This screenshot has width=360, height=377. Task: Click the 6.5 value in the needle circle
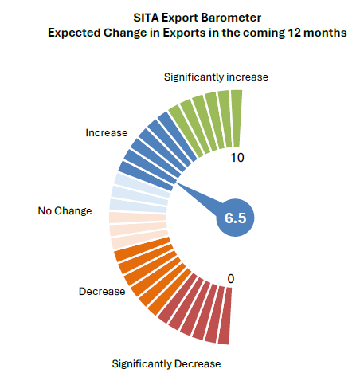tap(236, 218)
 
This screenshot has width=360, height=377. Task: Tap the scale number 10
tap(237, 158)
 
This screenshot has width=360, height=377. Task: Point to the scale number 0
tap(231, 279)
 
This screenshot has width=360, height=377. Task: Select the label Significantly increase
tap(216, 77)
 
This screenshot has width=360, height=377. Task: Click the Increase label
tap(107, 132)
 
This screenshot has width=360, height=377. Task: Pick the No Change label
tap(65, 210)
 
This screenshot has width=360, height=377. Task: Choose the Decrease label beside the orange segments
tap(102, 292)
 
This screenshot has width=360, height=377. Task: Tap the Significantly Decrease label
tap(166, 364)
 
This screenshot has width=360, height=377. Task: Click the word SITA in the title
tap(146, 18)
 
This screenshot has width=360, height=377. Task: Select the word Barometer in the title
tap(231, 18)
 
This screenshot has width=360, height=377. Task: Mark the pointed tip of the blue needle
tap(176, 183)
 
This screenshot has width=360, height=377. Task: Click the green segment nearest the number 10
tap(237, 119)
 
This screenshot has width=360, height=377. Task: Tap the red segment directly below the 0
tap(225, 316)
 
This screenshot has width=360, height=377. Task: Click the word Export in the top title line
tap(179, 18)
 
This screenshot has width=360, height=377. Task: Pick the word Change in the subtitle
tap(125, 33)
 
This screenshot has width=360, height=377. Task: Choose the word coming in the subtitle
tap(262, 33)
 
